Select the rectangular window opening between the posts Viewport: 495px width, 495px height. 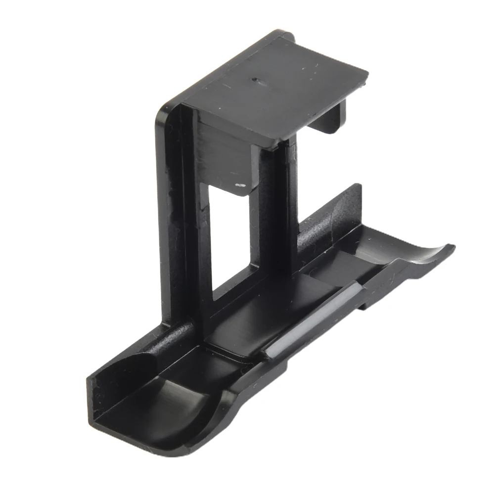[228, 237]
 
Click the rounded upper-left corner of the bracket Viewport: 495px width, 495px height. [163, 111]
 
